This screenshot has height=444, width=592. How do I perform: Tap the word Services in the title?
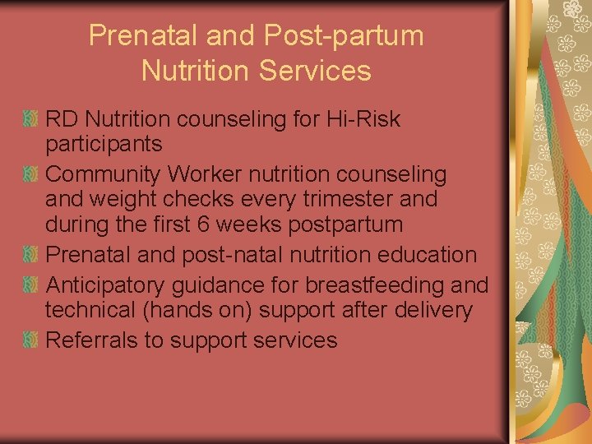(315, 71)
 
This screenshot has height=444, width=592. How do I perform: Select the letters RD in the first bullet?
(62, 120)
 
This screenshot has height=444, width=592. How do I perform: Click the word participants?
(104, 146)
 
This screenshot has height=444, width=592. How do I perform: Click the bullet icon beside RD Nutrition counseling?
(31, 120)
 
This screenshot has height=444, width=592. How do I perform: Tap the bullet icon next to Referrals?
(31, 340)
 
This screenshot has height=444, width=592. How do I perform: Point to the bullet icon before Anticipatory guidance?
(31, 285)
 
